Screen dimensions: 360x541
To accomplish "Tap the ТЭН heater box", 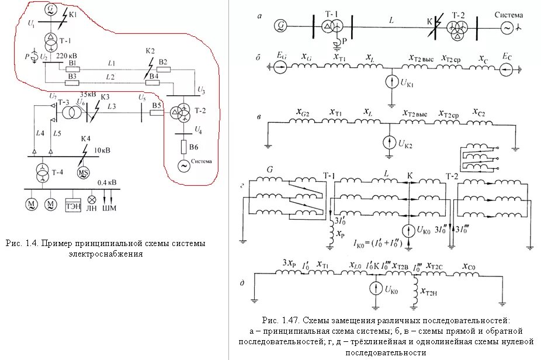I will coord(72,204).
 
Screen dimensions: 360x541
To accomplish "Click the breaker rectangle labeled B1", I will coord(72,69).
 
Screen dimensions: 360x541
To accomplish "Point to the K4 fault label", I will coord(85,138).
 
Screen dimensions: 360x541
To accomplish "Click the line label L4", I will coord(40,134).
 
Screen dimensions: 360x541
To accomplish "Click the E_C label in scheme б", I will coord(506,56).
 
